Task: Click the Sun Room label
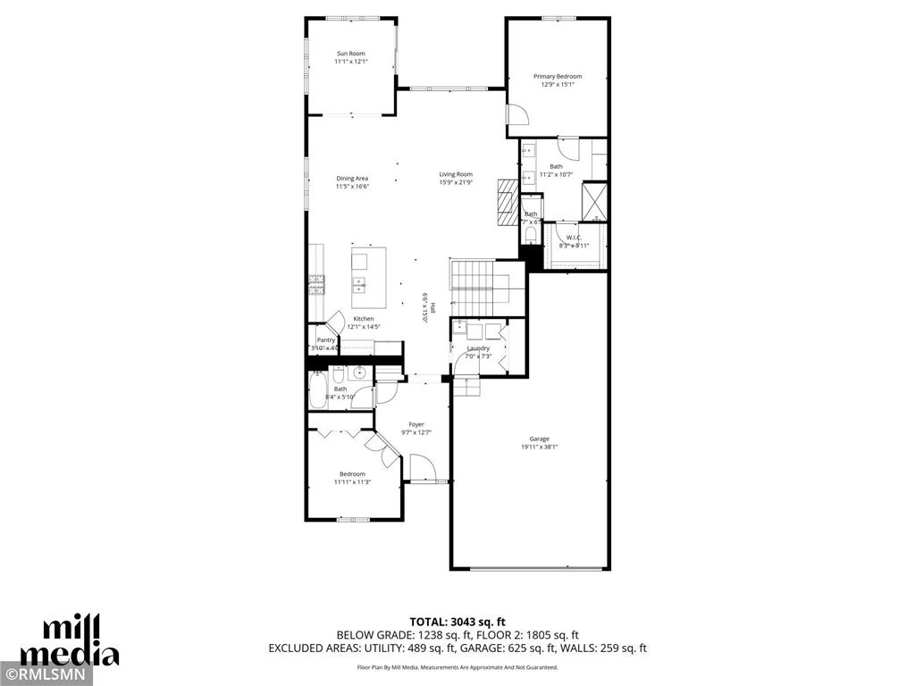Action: pos(351,54)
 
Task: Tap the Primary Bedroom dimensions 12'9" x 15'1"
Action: pos(557,85)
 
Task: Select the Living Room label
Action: pos(456,174)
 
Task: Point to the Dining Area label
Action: pos(352,179)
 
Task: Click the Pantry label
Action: pos(326,339)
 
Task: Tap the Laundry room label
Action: pos(478,348)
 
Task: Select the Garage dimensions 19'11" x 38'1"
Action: pos(539,447)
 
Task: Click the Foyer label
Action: pos(416,424)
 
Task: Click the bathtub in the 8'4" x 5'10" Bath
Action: pos(317,389)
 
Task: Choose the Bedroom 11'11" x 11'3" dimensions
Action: pos(351,482)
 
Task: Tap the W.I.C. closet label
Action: pos(574,237)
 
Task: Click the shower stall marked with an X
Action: pos(594,200)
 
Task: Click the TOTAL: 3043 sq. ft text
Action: pos(457,622)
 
